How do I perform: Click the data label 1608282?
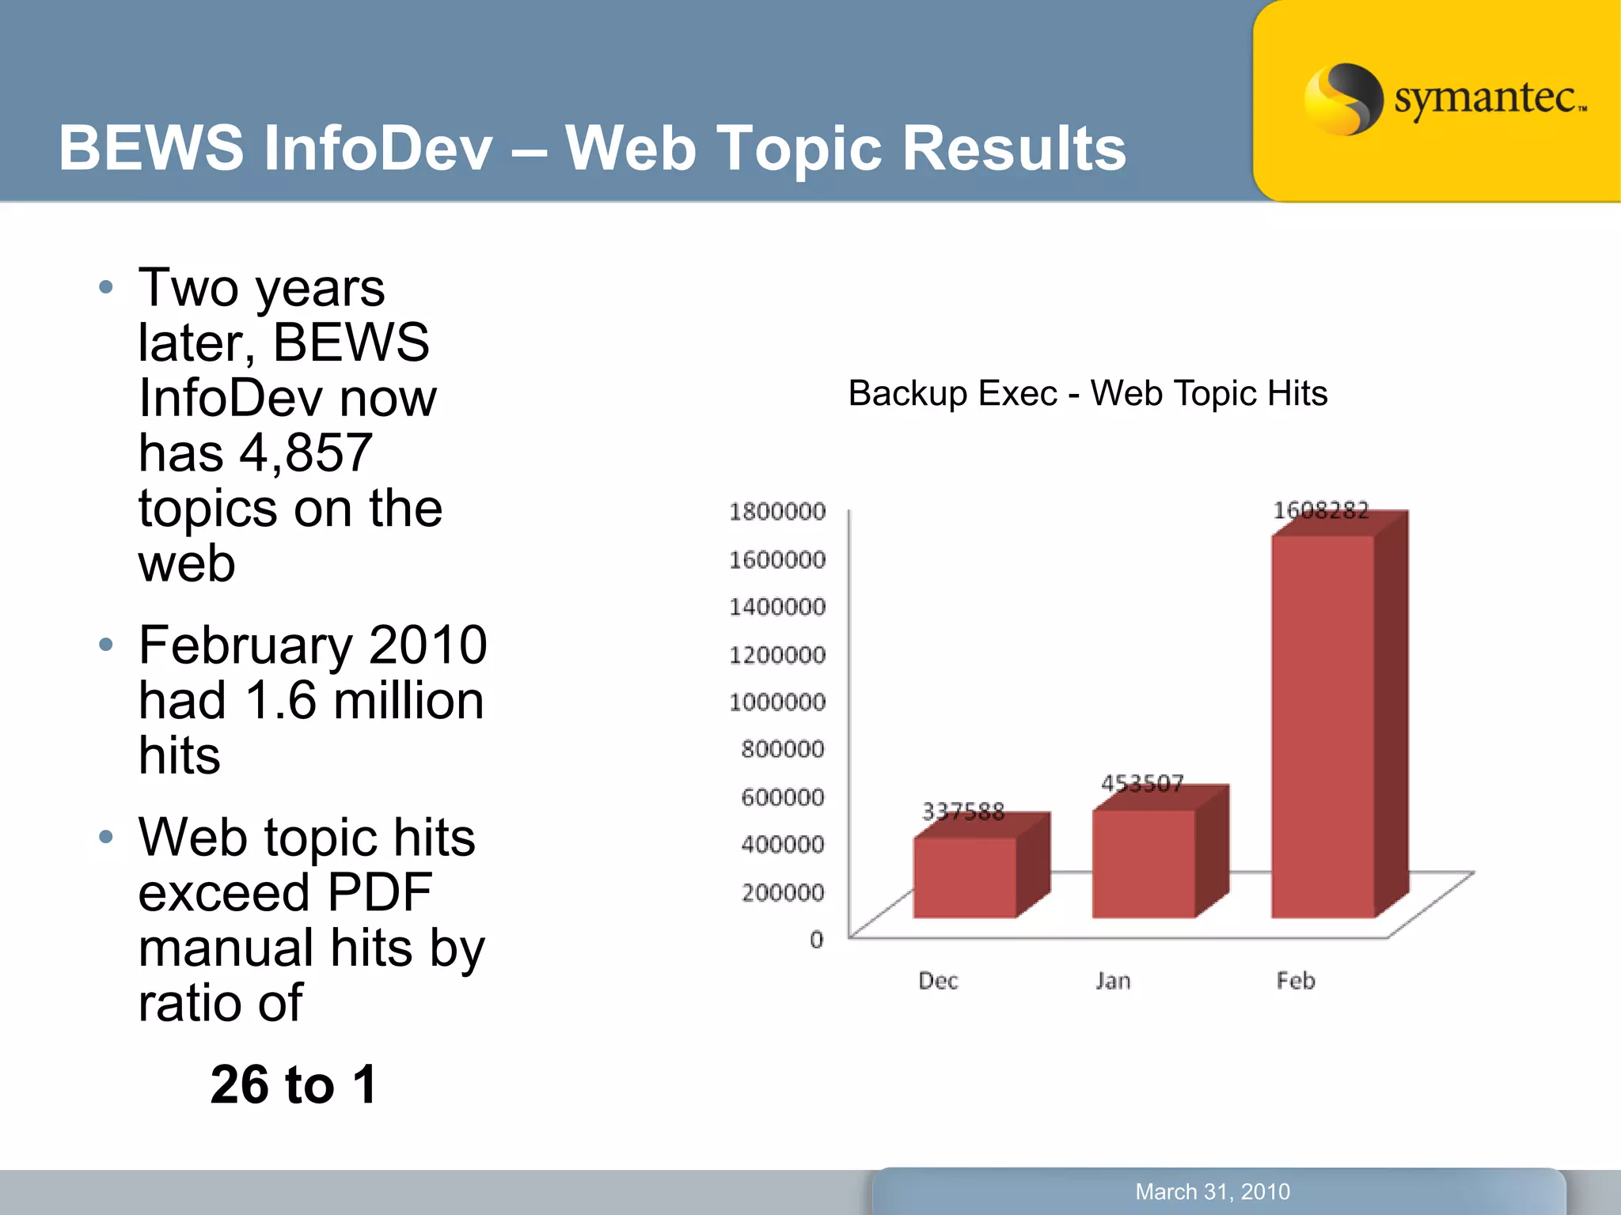coord(1320,510)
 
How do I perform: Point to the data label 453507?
coord(1142,783)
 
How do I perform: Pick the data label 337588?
coord(962,811)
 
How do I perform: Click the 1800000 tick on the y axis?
coord(776,512)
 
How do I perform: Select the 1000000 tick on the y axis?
coord(776,702)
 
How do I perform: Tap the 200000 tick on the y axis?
coord(782,892)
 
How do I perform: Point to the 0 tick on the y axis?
coord(816,939)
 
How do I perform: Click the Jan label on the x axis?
coord(1113,981)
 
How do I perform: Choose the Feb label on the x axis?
coord(1295,981)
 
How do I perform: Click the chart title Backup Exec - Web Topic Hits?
coord(1088,393)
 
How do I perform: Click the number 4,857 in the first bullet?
coord(306,453)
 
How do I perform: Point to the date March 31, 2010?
coord(1213,1191)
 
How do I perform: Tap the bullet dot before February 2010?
coord(106,645)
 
